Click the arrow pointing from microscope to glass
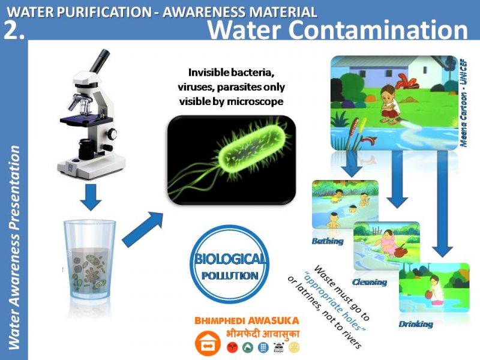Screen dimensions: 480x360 [x=91, y=197]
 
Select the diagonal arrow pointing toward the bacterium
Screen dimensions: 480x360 [x=143, y=229]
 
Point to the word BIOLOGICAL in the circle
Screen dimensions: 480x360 [x=230, y=259]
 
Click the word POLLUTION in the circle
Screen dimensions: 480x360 [x=230, y=275]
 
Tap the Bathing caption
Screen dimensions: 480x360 [x=328, y=241]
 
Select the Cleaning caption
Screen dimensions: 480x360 [x=370, y=282]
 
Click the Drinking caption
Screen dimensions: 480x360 [x=416, y=324]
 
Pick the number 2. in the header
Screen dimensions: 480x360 [x=14, y=31]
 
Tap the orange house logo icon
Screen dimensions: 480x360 [x=208, y=343]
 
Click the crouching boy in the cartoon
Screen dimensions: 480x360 [x=389, y=103]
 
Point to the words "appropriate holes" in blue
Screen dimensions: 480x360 [x=335, y=301]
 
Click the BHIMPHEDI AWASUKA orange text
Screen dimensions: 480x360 [x=247, y=320]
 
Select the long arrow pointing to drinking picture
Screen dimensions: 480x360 [x=442, y=203]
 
